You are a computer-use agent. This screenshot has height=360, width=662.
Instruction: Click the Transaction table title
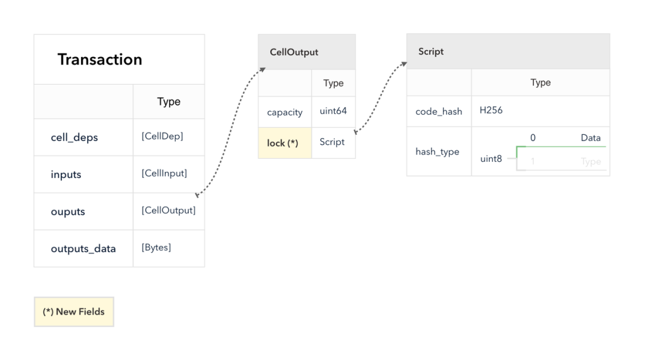pyautogui.click(x=100, y=59)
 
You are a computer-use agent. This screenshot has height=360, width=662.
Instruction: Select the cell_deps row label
pyautogui.click(x=74, y=137)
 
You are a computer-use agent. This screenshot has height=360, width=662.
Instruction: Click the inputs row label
pyautogui.click(x=66, y=174)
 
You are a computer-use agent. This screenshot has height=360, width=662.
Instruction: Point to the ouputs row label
pyautogui.click(x=68, y=212)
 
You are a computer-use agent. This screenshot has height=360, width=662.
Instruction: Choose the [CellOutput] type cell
pyautogui.click(x=169, y=210)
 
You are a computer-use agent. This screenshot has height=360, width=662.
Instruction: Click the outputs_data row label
pyautogui.click(x=83, y=249)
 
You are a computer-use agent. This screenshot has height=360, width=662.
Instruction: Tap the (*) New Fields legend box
pyautogui.click(x=74, y=312)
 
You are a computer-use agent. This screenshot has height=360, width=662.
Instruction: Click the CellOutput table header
pyautogui.click(x=307, y=52)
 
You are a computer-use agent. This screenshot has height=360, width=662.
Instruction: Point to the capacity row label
pyautogui.click(x=284, y=112)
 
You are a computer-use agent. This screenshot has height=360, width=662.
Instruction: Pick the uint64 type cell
pyautogui.click(x=333, y=111)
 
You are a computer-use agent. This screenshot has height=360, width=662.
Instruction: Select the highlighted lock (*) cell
pyautogui.click(x=285, y=143)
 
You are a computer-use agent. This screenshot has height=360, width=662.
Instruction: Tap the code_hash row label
pyautogui.click(x=439, y=112)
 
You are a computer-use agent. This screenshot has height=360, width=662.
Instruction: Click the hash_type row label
pyautogui.click(x=438, y=151)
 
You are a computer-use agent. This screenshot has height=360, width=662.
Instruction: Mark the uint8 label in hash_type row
pyautogui.click(x=491, y=159)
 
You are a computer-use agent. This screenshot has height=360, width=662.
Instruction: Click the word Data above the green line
pyautogui.click(x=591, y=138)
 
